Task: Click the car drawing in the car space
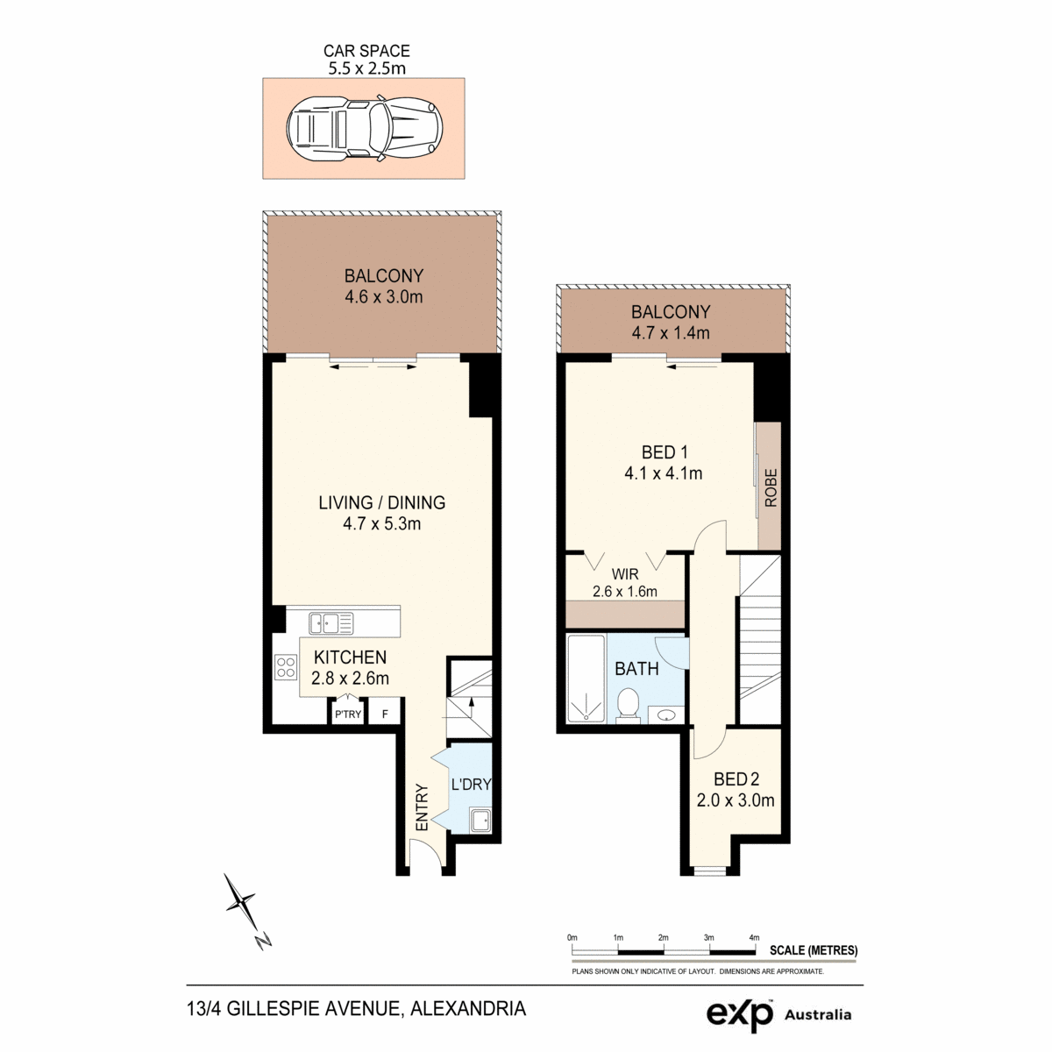pyautogui.click(x=364, y=128)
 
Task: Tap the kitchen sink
pyautogui.click(x=331, y=623)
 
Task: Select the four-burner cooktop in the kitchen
pyautogui.click(x=286, y=667)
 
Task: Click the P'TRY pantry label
pyautogui.click(x=348, y=714)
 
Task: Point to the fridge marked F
pyautogui.click(x=385, y=714)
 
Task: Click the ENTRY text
pyautogui.click(x=422, y=807)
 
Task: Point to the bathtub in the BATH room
pyautogui.click(x=586, y=679)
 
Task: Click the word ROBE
pyautogui.click(x=771, y=487)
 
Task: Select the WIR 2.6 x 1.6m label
pyautogui.click(x=625, y=582)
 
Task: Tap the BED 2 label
pyautogui.click(x=736, y=779)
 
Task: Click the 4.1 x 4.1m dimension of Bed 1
pyautogui.click(x=664, y=473)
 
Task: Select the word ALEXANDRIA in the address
pyautogui.click(x=468, y=1008)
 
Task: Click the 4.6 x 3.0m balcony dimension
pyautogui.click(x=384, y=297)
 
